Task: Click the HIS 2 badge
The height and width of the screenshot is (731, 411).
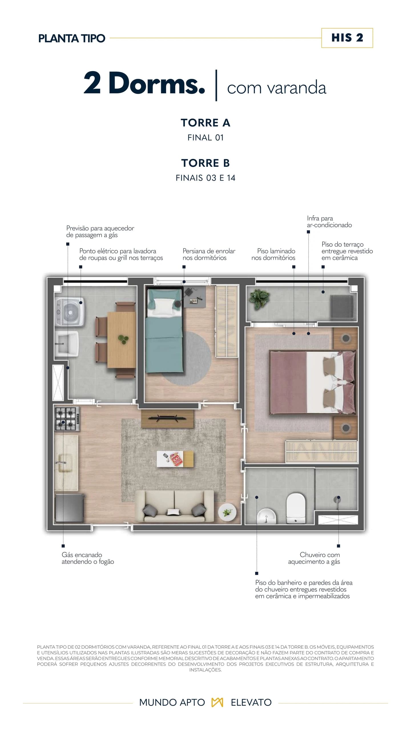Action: [347, 38]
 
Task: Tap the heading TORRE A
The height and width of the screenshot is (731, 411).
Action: [205, 123]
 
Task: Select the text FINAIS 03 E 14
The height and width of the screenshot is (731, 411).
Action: [205, 178]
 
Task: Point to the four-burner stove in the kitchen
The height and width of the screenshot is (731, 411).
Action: [67, 419]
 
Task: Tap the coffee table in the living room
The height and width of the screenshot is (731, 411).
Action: [175, 459]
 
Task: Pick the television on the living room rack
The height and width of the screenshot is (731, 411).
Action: [167, 418]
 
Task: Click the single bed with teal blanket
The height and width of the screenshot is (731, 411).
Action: [164, 330]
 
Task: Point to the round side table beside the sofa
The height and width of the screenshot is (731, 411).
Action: [227, 512]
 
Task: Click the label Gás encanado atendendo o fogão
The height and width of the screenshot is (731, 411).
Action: [88, 558]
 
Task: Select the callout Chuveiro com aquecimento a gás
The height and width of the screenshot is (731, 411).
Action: [314, 558]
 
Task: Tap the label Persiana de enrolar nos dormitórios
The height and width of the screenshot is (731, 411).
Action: [209, 254]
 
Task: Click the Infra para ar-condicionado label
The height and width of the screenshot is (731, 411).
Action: [329, 222]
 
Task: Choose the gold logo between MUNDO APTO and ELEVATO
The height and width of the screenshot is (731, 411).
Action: [217, 702]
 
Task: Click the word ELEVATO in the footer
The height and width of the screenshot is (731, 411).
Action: [251, 702]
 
